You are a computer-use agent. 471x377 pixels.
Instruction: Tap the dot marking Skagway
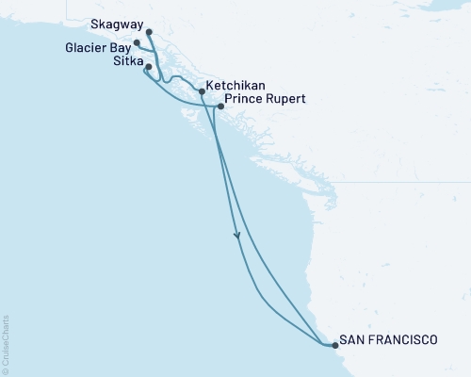(150, 32)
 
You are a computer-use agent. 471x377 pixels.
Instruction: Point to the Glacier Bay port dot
(138, 43)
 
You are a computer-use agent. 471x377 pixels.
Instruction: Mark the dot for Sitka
(148, 67)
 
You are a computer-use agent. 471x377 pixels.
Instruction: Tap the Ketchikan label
(235, 83)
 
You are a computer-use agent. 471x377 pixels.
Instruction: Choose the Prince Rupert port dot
(220, 107)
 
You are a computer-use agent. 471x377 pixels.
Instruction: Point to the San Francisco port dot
(333, 346)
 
